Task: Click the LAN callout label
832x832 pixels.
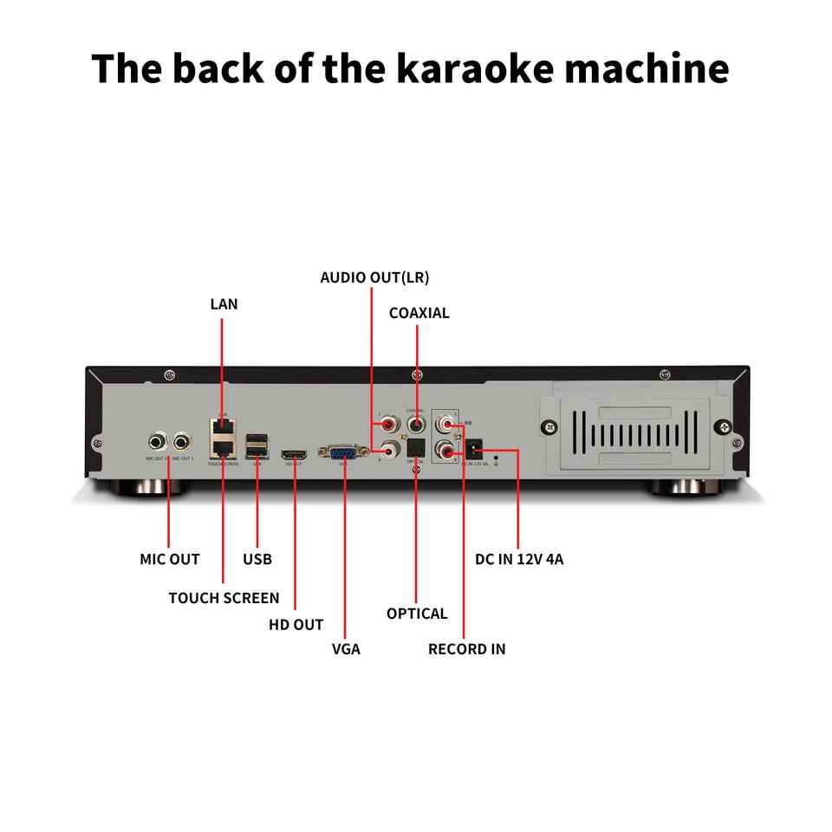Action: pyautogui.click(x=224, y=304)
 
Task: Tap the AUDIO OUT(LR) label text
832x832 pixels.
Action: pyautogui.click(x=374, y=277)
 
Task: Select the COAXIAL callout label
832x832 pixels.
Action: pyautogui.click(x=419, y=313)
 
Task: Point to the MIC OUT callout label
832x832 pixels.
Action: pyautogui.click(x=170, y=559)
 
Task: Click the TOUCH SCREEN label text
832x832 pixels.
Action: pyautogui.click(x=224, y=598)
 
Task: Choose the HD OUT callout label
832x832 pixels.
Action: pyautogui.click(x=296, y=625)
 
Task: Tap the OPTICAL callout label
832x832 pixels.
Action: pyautogui.click(x=417, y=614)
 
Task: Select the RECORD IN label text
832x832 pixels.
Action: pyautogui.click(x=466, y=648)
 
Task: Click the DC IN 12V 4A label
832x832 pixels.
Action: pyautogui.click(x=519, y=559)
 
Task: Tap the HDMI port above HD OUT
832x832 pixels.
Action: pyautogui.click(x=295, y=453)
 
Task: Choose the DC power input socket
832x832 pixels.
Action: pyautogui.click(x=474, y=450)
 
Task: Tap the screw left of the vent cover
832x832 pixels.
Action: pyautogui.click(x=548, y=427)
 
